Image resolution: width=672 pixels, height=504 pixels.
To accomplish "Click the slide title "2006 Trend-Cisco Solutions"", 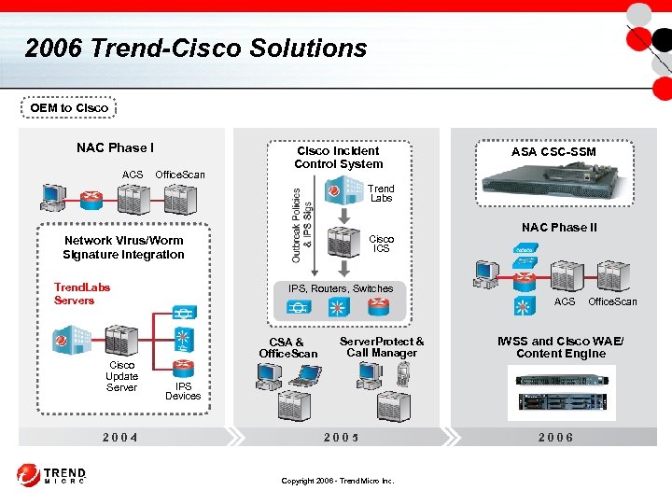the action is tap(196, 49).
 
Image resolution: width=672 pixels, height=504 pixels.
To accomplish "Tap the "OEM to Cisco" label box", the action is tap(69, 108).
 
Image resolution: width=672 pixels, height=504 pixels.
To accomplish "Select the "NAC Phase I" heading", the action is tap(116, 147).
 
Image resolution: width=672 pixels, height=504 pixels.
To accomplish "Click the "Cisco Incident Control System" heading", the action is tap(338, 157).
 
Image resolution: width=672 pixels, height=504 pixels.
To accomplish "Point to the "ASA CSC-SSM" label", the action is tap(553, 151).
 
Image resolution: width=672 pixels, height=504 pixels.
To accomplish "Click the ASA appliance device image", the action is tap(553, 186).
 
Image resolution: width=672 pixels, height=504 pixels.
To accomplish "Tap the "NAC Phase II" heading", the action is tap(559, 228).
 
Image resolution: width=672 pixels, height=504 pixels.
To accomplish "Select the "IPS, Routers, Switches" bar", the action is tap(340, 288).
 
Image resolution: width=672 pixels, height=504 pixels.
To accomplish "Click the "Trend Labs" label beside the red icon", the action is tap(381, 193).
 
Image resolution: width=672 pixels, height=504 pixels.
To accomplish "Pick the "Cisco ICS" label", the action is tap(381, 244).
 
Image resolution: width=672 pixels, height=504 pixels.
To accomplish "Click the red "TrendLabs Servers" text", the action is tap(81, 294).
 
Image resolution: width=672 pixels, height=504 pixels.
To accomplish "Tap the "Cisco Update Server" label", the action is tap(121, 376).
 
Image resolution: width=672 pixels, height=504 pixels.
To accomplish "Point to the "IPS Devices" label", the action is tap(183, 391).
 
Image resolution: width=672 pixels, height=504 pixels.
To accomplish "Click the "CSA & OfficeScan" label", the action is tap(287, 348).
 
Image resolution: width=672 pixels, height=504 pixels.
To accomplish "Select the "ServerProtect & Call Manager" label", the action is tap(382, 347).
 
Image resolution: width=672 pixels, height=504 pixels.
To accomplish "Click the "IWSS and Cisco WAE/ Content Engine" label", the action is tap(560, 347).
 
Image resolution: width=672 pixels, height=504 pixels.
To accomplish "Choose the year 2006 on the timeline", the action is tap(555, 437).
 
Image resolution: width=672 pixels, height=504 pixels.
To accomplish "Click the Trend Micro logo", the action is tap(51, 476).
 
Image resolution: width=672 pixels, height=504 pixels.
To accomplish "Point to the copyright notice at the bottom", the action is tap(338, 481).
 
